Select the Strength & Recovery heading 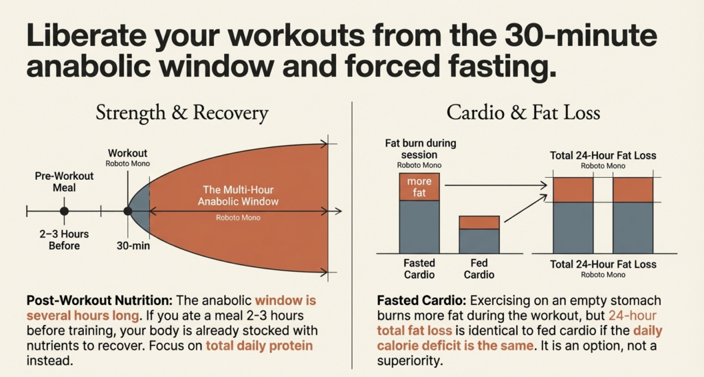pyautogui.click(x=182, y=113)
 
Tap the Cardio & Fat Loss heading pyautogui.click(x=524, y=113)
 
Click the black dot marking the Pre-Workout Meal pyautogui.click(x=64, y=212)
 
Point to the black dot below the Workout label pyautogui.click(x=128, y=212)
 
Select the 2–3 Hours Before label pyautogui.click(x=64, y=240)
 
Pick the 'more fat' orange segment pyautogui.click(x=419, y=187)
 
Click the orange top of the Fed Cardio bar pyautogui.click(x=479, y=222)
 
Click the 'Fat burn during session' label pyautogui.click(x=419, y=149)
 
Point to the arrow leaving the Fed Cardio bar pyautogui.click(x=522, y=209)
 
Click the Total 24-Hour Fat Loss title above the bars pyautogui.click(x=602, y=156)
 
